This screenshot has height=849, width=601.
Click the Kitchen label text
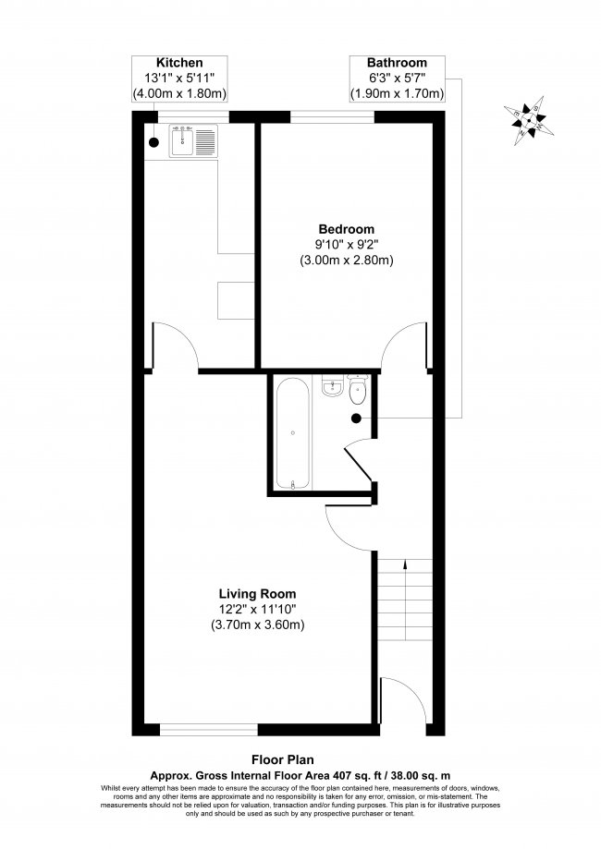(x=180, y=63)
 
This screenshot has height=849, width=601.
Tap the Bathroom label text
(x=397, y=63)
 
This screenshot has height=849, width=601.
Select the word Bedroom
(x=347, y=229)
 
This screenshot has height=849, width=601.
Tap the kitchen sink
(x=192, y=140)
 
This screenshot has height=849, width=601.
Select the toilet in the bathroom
(x=359, y=394)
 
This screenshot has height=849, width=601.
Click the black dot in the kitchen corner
(x=153, y=143)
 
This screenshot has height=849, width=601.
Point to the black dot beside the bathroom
(x=356, y=418)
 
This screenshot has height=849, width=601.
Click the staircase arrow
(x=403, y=571)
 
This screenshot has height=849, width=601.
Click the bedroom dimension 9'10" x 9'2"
(x=347, y=245)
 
